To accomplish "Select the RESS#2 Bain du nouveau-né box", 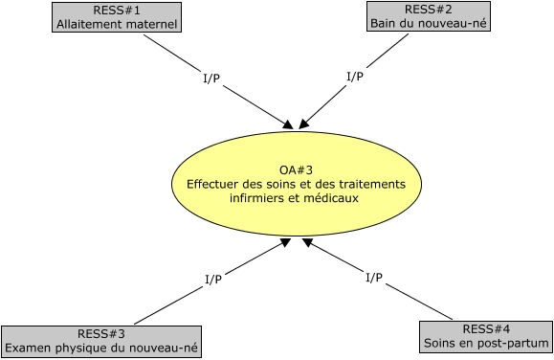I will click(429, 16).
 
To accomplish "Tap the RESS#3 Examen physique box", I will click(102, 341).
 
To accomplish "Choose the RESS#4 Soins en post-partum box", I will click(486, 336).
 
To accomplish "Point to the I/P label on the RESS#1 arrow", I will click(211, 79).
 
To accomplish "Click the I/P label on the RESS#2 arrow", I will click(354, 76).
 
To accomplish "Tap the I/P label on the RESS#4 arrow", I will click(374, 278).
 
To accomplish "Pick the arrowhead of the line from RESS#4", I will click(308, 242).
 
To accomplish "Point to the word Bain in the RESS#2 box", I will click(384, 23).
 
